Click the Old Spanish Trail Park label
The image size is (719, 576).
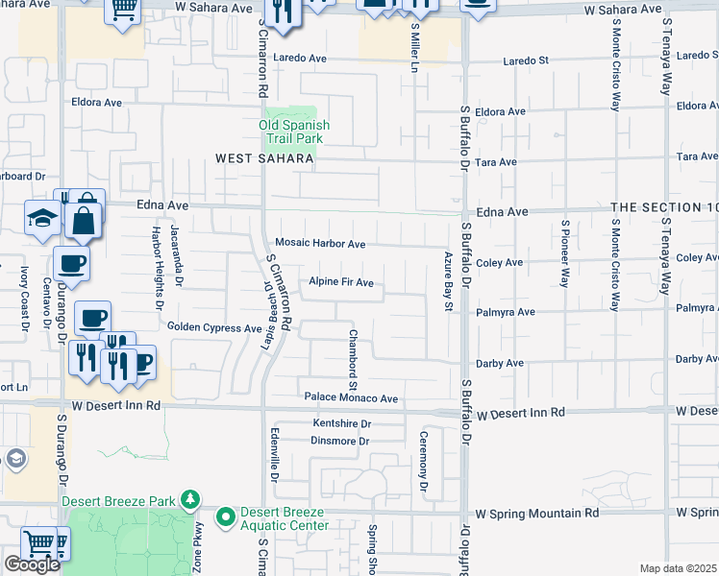[294, 132]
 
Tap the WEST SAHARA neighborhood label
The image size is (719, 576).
[264, 159]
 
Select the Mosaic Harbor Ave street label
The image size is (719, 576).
[320, 244]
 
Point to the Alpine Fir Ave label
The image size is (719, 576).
[340, 282]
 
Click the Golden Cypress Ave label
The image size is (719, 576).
[214, 327]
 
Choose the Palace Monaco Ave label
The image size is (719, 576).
[351, 398]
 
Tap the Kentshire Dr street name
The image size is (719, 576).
[341, 423]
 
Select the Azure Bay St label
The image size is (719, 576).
[448, 283]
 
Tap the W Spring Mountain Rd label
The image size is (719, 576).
[537, 514]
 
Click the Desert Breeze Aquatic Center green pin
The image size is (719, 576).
[226, 518]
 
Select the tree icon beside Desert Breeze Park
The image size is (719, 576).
[191, 499]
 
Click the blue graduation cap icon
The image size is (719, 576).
[42, 218]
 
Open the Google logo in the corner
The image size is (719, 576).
[32, 564]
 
